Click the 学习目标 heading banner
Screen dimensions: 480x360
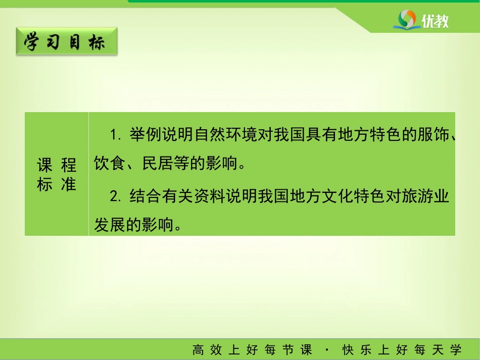[67, 41]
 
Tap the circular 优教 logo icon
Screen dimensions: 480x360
[407, 19]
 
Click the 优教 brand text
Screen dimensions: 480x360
[435, 21]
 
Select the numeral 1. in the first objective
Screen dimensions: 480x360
[116, 135]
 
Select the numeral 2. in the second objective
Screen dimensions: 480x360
[116, 196]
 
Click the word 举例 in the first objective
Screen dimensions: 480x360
[145, 135]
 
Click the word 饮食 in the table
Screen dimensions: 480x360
[109, 163]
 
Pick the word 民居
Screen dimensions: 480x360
[158, 163]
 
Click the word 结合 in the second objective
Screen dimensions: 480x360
[145, 196]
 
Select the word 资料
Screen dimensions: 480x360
[209, 196]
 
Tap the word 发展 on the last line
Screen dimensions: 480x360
[109, 225]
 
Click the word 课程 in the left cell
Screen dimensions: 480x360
[57, 165]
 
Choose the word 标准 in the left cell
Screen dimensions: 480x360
[57, 184]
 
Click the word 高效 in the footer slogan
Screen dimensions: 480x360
[207, 350]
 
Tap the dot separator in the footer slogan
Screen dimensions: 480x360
[327, 349]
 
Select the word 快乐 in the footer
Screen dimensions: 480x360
[357, 350]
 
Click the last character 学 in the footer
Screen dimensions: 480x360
[456, 350]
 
